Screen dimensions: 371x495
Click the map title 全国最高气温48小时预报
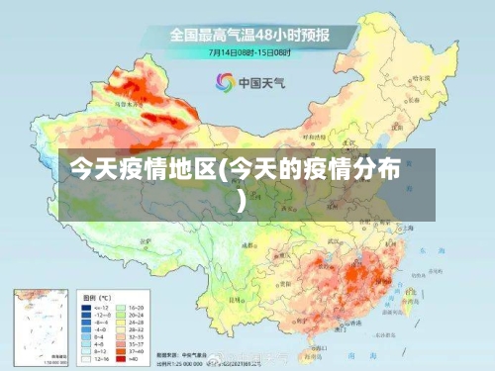pos(248,36)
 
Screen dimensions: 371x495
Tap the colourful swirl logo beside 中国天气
pos(226,82)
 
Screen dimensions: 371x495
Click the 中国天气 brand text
pos(258,82)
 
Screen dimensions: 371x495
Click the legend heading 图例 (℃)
pos(98,296)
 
